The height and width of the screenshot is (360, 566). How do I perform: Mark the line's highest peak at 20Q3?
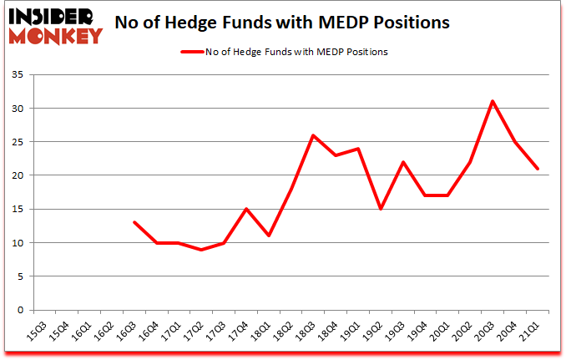[x=493, y=101]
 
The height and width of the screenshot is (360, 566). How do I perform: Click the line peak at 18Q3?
[x=312, y=135]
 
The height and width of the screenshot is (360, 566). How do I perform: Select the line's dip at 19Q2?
[x=380, y=209]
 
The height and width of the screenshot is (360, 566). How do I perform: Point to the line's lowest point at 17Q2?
[x=200, y=249]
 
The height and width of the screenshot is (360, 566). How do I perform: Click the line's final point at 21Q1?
[x=538, y=169]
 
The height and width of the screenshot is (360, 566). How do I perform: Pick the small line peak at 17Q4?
[x=245, y=209]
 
